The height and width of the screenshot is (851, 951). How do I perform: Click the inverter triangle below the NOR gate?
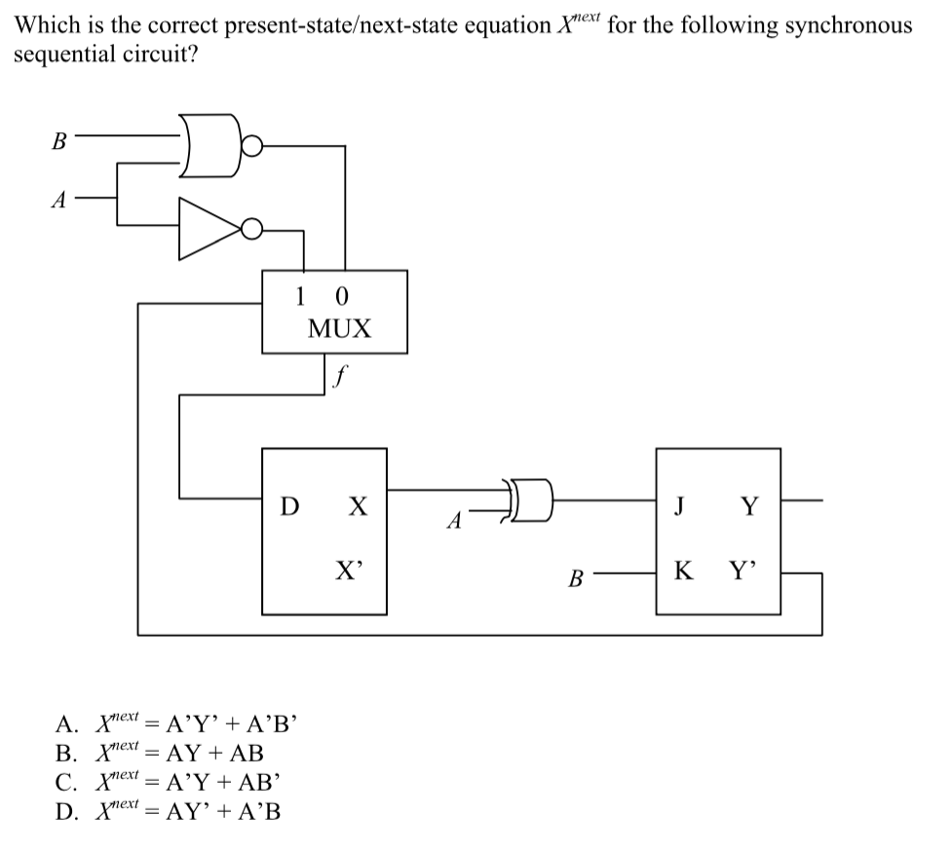tap(207, 229)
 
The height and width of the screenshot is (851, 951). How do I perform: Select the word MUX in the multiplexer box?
tap(339, 329)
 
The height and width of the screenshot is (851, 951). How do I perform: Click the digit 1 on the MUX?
tap(301, 294)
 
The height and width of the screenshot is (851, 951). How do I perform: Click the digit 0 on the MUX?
tap(340, 294)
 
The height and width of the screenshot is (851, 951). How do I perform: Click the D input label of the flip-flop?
tap(289, 506)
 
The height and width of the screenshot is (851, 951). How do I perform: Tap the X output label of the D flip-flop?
tap(358, 506)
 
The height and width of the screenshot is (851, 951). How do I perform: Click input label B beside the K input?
tap(576, 580)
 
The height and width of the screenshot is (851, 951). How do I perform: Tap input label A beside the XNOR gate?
tap(452, 522)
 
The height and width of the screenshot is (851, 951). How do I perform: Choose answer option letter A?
tap(64, 724)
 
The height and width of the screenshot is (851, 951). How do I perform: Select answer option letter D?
tap(64, 809)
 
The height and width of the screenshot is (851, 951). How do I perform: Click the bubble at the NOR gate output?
tap(251, 147)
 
